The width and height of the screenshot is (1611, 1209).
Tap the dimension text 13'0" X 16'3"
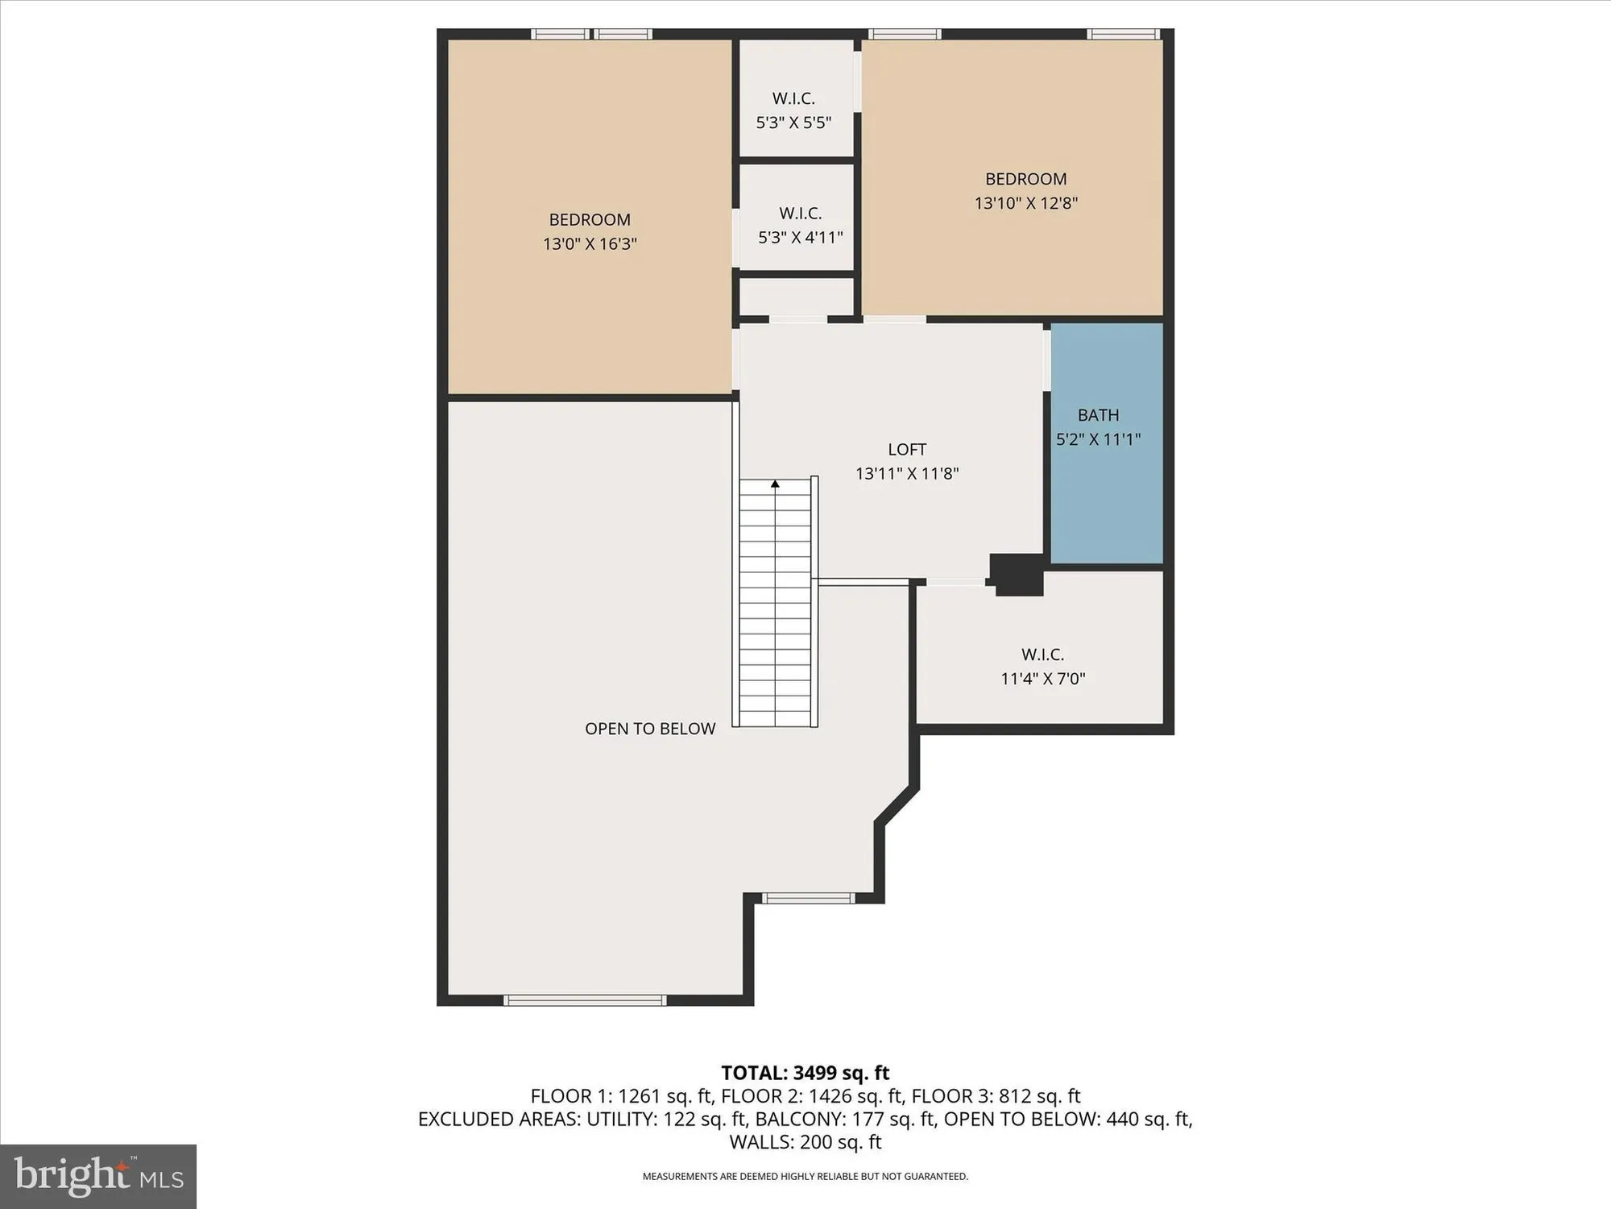coord(590,243)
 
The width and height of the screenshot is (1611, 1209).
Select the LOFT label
coord(907,450)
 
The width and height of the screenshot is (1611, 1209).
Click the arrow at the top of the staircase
coord(775,484)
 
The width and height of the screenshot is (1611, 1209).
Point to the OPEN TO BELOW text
coord(650,729)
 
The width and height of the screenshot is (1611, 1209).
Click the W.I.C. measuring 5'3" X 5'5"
coord(793,110)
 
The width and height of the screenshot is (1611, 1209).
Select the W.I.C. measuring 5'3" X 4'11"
coord(800,226)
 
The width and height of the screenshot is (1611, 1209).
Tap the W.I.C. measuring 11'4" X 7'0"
coord(1042,666)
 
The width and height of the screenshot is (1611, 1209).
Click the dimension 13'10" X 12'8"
coord(1025,203)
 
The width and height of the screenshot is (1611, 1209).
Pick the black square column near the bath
coord(1017,575)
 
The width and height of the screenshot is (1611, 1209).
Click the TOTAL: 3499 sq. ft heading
coord(805,1073)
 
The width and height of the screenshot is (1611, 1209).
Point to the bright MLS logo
coord(98,1177)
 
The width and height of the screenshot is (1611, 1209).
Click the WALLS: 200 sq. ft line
coord(805,1142)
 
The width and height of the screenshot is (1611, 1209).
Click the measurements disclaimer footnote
coord(805,1177)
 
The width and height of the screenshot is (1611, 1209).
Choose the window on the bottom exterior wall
coord(585,1000)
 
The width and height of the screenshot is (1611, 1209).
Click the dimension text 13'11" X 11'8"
coord(907,474)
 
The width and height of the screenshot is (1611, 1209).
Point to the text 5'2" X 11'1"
coord(1098,439)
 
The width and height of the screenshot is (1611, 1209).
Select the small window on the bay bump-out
coord(808,898)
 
